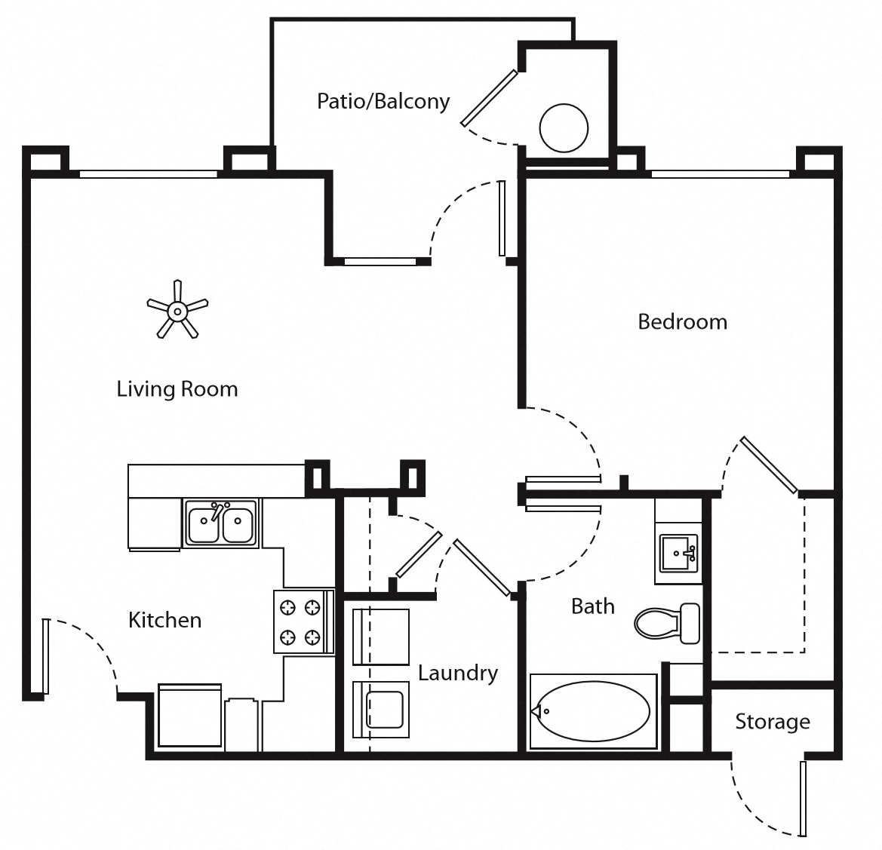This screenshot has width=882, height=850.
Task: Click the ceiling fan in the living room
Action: pyautogui.click(x=177, y=310)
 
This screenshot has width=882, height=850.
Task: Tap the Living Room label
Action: pyautogui.click(x=177, y=389)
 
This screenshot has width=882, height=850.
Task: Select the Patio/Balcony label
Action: pyautogui.click(x=383, y=101)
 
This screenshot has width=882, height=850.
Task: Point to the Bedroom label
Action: pyautogui.click(x=682, y=322)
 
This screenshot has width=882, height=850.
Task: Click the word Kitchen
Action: pyautogui.click(x=164, y=620)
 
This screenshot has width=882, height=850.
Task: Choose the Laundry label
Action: pyautogui.click(x=458, y=673)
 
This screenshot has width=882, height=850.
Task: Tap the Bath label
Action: pyautogui.click(x=592, y=606)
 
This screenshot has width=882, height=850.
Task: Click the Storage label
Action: pyautogui.click(x=773, y=722)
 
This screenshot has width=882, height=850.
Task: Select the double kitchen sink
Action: pyautogui.click(x=220, y=523)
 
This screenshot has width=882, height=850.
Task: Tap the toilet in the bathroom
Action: pyautogui.click(x=667, y=623)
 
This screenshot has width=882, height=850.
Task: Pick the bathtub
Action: pyautogui.click(x=592, y=711)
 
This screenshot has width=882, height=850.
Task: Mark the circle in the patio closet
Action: pyautogui.click(x=564, y=127)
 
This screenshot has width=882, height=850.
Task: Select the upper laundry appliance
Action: pyautogui.click(x=381, y=637)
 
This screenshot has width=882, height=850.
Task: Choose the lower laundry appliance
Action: pyautogui.click(x=381, y=710)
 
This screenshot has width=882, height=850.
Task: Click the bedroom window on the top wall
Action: pyautogui.click(x=720, y=174)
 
